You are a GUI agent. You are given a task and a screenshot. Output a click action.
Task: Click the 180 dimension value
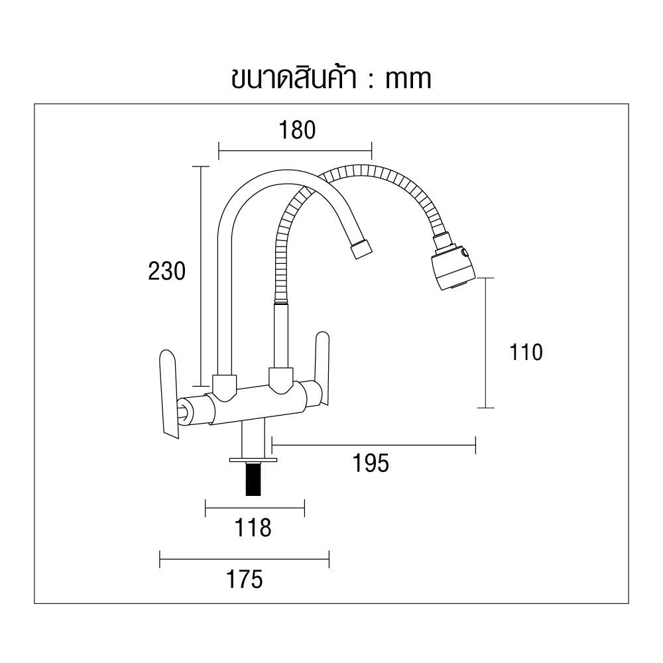click(x=295, y=130)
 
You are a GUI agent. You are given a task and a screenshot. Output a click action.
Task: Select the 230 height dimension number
click(x=166, y=271)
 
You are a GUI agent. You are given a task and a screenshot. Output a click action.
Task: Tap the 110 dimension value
click(x=526, y=352)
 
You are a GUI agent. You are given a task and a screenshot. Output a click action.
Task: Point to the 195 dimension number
click(x=371, y=463)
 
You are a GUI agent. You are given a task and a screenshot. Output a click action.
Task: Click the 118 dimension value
click(x=253, y=528)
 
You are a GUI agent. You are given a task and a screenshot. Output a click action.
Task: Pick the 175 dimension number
click(x=244, y=579)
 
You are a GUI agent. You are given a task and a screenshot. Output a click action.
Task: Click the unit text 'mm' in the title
click(x=408, y=79)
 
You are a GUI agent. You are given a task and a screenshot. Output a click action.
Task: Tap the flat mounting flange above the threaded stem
click(x=252, y=459)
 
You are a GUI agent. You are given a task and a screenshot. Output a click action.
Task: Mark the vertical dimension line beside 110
click(x=486, y=343)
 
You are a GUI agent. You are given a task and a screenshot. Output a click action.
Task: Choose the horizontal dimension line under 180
click(x=295, y=151)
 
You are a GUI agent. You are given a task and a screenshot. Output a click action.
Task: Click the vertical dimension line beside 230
click(x=201, y=276)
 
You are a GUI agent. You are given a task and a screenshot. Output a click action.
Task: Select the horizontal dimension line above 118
click(x=255, y=509)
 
